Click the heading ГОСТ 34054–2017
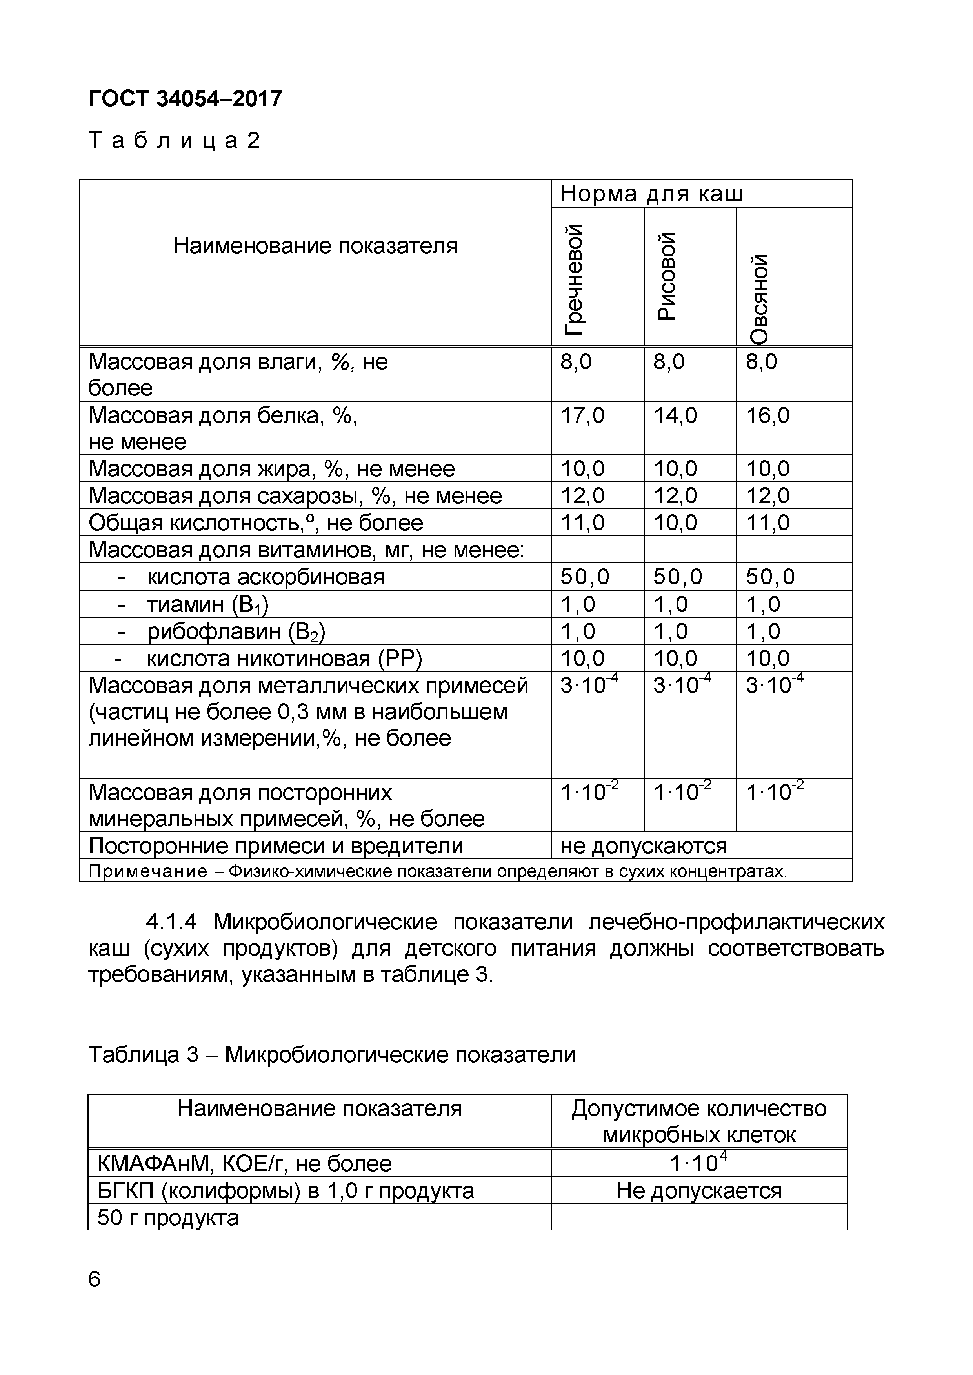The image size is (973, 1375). coord(185,99)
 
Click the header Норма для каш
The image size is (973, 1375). coord(652,194)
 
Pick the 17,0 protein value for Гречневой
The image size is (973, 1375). coord(582,415)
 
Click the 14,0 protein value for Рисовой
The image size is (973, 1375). coord(675,415)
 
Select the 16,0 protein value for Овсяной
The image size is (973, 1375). coord(767,415)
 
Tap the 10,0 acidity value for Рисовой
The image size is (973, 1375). coord(675,523)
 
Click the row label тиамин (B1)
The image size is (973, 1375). coord(208,605)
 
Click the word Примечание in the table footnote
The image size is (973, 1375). coord(147,871)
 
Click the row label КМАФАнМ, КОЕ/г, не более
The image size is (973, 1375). coord(244,1164)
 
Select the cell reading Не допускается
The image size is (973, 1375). coord(698,1190)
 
